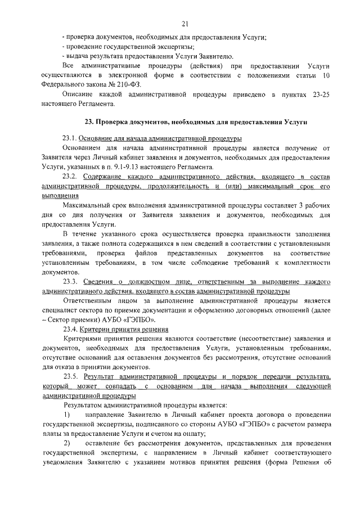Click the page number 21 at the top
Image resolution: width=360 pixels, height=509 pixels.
tap(184, 22)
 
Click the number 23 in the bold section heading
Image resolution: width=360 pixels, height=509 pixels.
tap(88, 122)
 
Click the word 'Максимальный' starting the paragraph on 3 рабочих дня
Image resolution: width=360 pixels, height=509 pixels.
tap(91, 205)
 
